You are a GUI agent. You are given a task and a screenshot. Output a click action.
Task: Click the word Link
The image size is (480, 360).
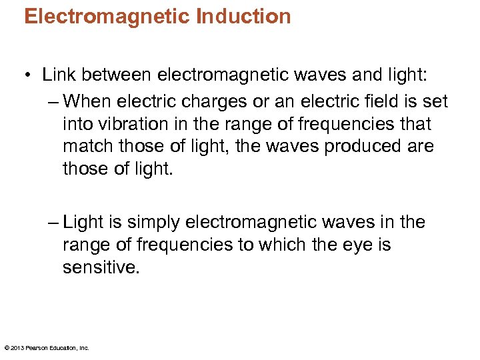tap(59, 75)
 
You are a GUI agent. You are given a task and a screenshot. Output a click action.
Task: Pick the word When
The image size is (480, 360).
tap(91, 101)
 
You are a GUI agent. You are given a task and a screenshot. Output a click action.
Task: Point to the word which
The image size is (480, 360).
tap(301, 245)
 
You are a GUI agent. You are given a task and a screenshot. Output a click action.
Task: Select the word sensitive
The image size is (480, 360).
tap(97, 267)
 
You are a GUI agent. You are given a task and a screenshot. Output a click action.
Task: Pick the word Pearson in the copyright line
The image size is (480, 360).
tap(37, 347)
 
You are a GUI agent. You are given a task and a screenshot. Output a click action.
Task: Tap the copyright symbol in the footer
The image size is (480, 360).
tap(7, 347)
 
